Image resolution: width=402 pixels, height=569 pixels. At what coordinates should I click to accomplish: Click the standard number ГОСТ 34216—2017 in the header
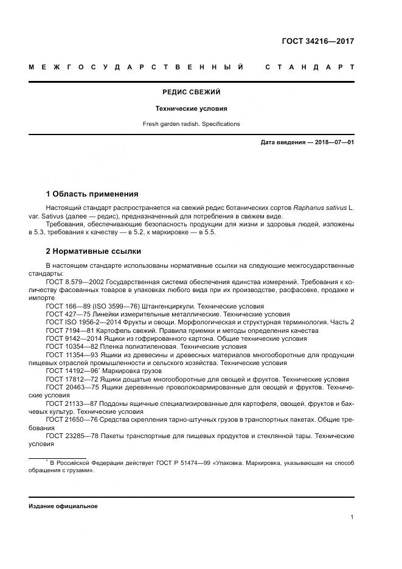(317, 42)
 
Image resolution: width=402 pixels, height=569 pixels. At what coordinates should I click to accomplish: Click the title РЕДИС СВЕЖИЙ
(191, 92)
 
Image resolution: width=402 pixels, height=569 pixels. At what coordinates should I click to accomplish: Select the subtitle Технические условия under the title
(191, 108)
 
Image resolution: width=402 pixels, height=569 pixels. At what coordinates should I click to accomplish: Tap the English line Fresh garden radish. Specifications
(191, 124)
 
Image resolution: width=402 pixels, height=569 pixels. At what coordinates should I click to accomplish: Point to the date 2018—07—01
(333, 142)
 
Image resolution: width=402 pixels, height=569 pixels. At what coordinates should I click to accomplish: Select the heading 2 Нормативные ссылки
(93, 251)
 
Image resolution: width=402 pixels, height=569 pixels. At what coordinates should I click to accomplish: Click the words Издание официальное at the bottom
(63, 506)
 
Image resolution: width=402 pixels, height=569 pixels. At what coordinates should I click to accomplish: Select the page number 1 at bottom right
(352, 517)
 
